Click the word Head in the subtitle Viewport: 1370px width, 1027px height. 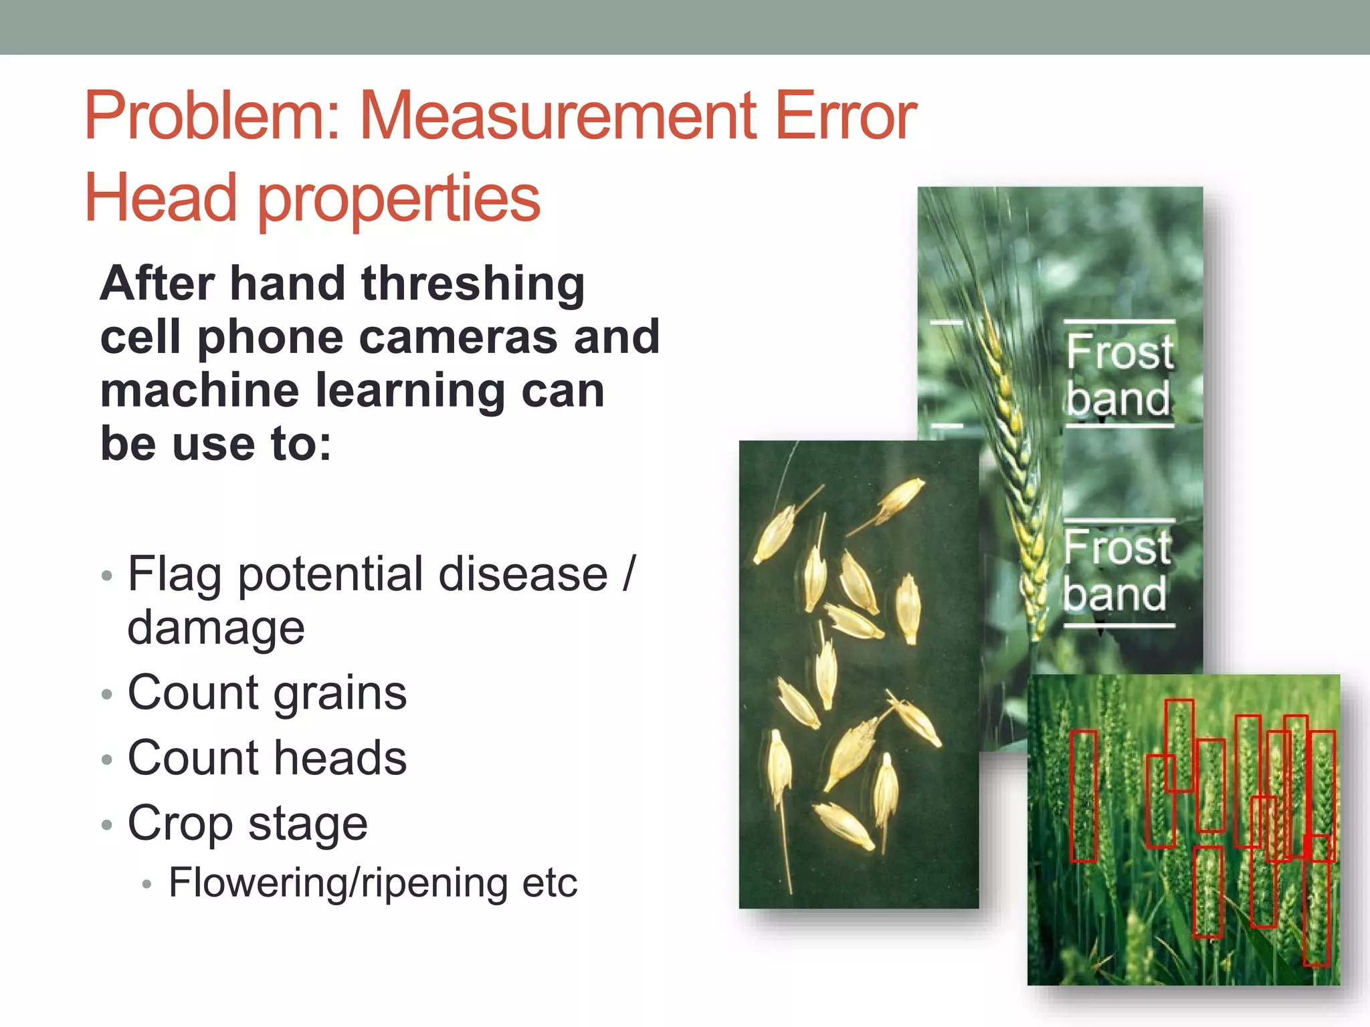tap(161, 198)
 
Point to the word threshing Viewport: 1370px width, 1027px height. tap(473, 284)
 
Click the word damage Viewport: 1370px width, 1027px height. tap(216, 628)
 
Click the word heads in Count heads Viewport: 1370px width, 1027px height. tap(340, 758)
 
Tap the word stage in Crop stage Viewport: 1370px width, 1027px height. tap(308, 824)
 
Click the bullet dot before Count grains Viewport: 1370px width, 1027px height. tap(106, 695)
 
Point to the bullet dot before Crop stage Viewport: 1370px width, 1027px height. tap(106, 825)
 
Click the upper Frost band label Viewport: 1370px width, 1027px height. tap(1118, 374)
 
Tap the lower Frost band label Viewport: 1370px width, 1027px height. tap(1116, 570)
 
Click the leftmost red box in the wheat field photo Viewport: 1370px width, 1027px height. tap(1084, 796)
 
